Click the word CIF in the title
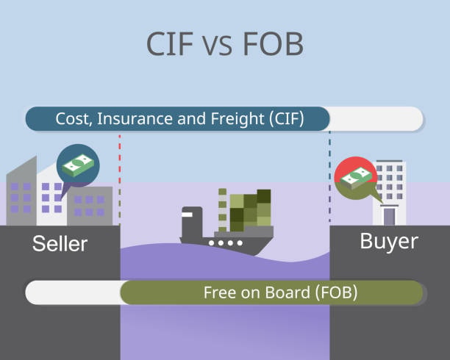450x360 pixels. pos(169,44)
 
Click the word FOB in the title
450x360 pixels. pos(274,44)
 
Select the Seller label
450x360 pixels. pos(60,244)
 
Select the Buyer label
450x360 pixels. pos(389,242)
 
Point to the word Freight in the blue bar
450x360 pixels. pos(237,119)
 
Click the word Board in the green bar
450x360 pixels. pos(287,292)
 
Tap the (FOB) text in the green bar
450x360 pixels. pos(336,292)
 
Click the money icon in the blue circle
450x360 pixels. pos(78,165)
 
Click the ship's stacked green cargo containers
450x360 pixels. pos(250,210)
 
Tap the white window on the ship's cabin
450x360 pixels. pos(187,215)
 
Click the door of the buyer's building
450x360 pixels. pos(389,216)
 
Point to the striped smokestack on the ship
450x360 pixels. pos(222,210)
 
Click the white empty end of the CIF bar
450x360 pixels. pos(376,119)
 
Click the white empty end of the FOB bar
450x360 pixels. pos(74,292)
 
